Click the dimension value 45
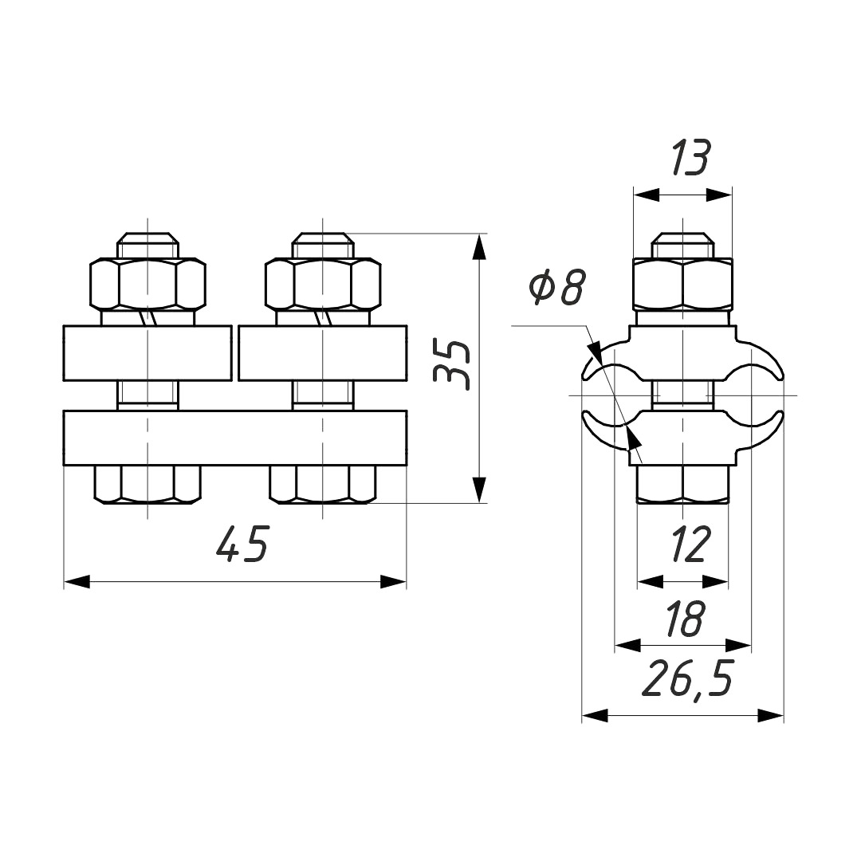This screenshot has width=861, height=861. click(x=242, y=545)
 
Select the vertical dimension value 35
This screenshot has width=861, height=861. click(x=451, y=364)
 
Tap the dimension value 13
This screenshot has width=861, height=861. click(x=690, y=158)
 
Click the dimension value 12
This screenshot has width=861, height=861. click(x=689, y=545)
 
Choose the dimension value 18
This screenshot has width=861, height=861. click(x=684, y=619)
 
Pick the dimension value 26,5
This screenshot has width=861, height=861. click(x=687, y=679)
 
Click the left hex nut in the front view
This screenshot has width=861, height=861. click(x=147, y=283)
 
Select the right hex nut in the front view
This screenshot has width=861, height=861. click(x=323, y=283)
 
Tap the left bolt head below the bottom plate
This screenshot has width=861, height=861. click(x=147, y=485)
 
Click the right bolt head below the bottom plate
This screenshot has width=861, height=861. click(x=323, y=485)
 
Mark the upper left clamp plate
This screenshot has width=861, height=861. click(x=147, y=353)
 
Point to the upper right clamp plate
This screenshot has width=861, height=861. click(x=323, y=353)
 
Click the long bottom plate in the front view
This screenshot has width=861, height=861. click(x=235, y=438)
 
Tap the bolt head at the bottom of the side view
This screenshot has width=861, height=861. click(x=682, y=484)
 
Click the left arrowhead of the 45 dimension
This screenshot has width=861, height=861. click(x=77, y=582)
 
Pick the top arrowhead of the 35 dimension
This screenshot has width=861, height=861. click(x=480, y=247)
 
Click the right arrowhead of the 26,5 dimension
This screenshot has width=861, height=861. click(x=770, y=715)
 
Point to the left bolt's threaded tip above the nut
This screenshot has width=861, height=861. click(x=147, y=245)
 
